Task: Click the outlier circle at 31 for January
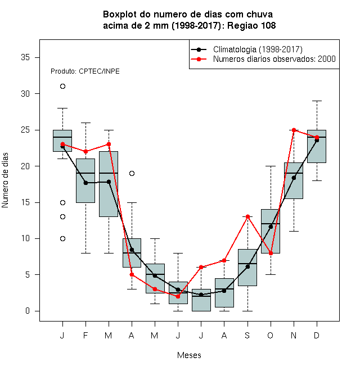62,87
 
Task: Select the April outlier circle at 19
132,174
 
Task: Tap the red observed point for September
247,216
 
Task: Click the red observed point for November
294,130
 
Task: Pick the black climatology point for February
85,183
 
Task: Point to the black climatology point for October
271,227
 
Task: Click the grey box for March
109,184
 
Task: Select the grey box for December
317,146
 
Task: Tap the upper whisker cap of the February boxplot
85,123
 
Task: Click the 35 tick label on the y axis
25,57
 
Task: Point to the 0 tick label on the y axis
28,311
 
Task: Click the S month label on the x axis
247,335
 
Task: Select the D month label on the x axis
317,335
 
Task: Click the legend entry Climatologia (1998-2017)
258,49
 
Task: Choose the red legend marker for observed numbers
199,59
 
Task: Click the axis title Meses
189,355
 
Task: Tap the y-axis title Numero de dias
5,180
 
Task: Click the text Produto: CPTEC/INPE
85,71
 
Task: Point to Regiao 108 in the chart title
251,25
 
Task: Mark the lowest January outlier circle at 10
62,238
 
